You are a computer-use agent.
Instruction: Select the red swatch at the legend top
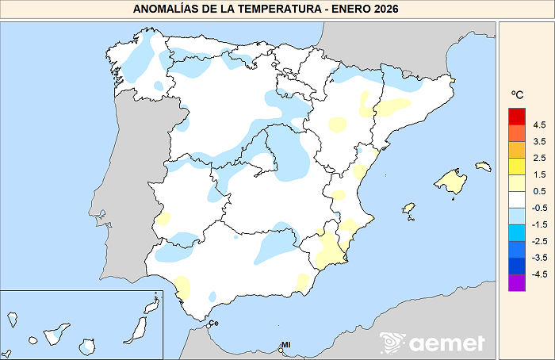[517, 117]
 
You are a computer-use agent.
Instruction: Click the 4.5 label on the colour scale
[539, 125]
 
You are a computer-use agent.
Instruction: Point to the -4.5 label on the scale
[538, 274]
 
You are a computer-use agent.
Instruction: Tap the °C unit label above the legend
[518, 96]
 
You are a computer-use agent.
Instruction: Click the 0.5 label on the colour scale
[539, 192]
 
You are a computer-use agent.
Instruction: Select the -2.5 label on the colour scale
[538, 241]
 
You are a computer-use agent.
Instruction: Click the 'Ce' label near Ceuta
[213, 323]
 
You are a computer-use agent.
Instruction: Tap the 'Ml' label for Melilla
[286, 345]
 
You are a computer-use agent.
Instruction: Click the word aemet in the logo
[447, 343]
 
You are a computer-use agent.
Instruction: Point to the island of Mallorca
[451, 182]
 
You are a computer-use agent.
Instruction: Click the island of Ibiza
[409, 209]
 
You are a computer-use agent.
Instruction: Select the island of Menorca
[483, 166]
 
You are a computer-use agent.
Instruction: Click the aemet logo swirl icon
[392, 343]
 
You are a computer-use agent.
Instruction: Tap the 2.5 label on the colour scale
[539, 159]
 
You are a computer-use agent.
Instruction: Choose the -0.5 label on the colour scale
[538, 208]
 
